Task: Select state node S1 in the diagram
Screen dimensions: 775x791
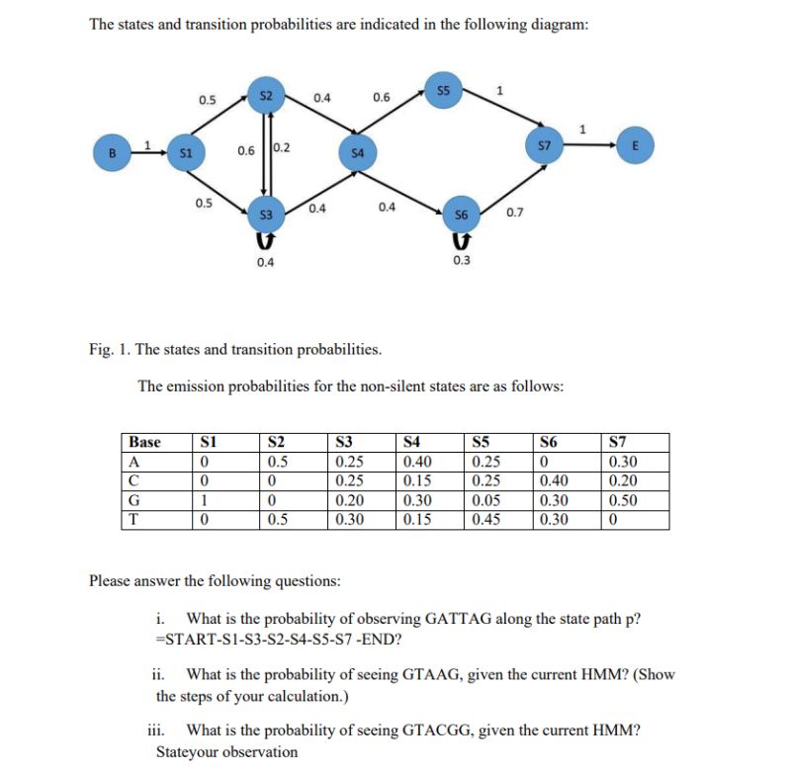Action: (184, 153)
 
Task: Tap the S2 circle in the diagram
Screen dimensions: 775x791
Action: (264, 95)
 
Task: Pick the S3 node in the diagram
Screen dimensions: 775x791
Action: (264, 214)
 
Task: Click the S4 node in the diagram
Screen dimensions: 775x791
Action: (359, 153)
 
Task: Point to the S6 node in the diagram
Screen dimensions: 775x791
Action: (461, 215)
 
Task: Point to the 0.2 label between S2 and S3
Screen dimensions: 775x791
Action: (282, 148)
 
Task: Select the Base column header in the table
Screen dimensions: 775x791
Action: (145, 442)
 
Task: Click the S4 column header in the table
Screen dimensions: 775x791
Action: (411, 442)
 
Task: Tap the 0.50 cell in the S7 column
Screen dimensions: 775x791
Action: (625, 500)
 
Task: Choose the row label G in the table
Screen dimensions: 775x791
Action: (131, 500)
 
